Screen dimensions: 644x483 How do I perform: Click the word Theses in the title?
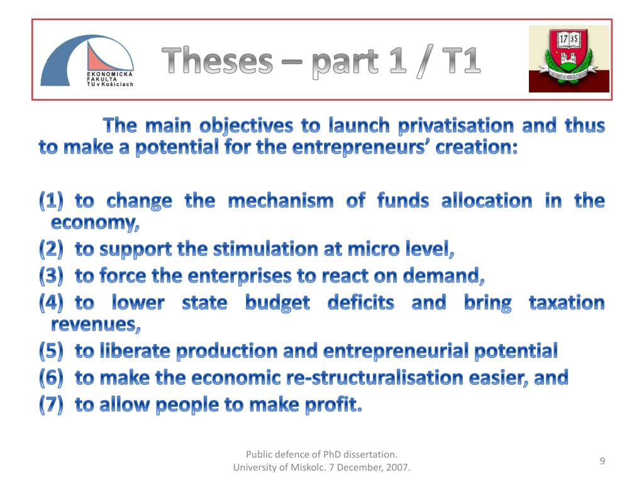pyautogui.click(x=217, y=61)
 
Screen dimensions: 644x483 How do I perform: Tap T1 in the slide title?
pyautogui.click(x=461, y=61)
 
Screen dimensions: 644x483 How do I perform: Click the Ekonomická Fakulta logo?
pyautogui.click(x=87, y=60)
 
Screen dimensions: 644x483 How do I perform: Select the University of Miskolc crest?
pyautogui.click(x=569, y=58)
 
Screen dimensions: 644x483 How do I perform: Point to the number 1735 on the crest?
pyautogui.click(x=568, y=39)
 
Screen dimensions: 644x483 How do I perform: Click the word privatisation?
pyautogui.click(x=456, y=126)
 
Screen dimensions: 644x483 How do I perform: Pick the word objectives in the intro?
pyautogui.click(x=246, y=126)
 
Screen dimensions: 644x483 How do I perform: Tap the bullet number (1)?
pyautogui.click(x=52, y=201)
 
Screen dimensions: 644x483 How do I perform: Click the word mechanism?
pyautogui.click(x=281, y=201)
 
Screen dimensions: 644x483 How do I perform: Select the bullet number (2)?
pyautogui.click(x=52, y=249)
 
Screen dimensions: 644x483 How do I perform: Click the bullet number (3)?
pyautogui.click(x=52, y=275)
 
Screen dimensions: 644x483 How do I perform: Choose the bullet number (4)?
pyautogui.click(x=52, y=303)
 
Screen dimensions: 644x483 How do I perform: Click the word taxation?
pyautogui.click(x=567, y=303)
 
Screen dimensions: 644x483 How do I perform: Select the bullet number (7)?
pyautogui.click(x=52, y=404)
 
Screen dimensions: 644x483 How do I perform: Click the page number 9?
pyautogui.click(x=602, y=461)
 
